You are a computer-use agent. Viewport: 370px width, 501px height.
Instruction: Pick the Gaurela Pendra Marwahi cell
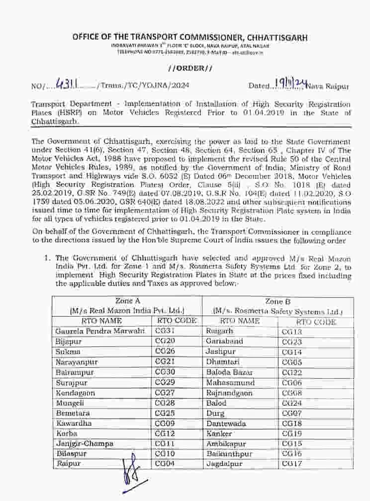tap(90, 331)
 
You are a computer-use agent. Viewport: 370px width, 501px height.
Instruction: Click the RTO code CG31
tap(165, 331)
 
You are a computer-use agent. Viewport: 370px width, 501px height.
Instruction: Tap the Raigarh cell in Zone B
tap(219, 331)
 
